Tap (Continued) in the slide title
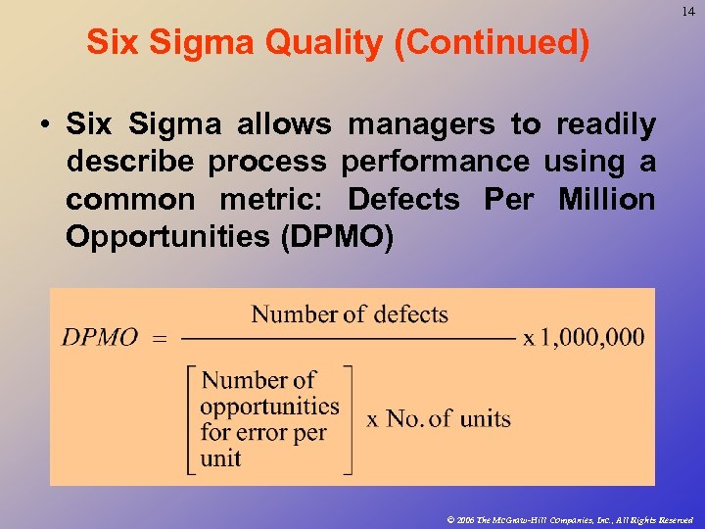click(x=493, y=42)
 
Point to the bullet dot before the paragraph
click(x=45, y=125)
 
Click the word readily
click(x=606, y=124)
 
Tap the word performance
click(x=436, y=162)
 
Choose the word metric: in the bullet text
click(x=271, y=199)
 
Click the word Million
click(x=606, y=199)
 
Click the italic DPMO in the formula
click(x=100, y=338)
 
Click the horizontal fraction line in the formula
click(x=349, y=339)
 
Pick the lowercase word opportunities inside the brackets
click(x=269, y=406)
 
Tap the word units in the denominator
click(x=486, y=418)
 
